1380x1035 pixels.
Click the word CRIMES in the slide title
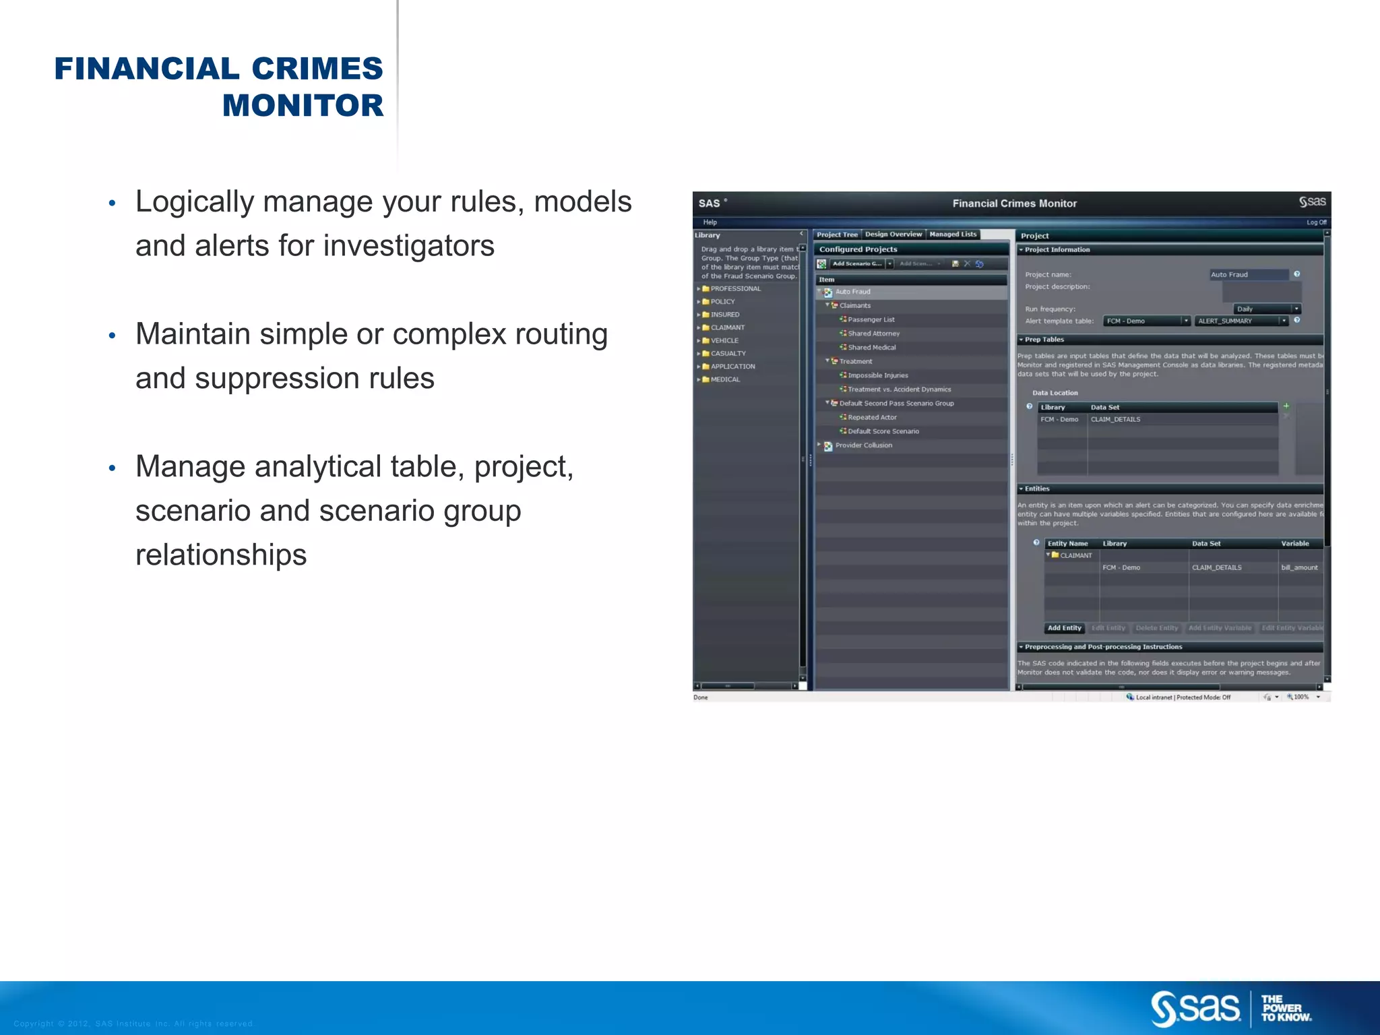pos(317,69)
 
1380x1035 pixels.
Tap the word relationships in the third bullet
pos(221,555)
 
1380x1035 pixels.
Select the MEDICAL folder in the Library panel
pos(725,379)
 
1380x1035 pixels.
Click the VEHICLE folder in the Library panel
pos(724,340)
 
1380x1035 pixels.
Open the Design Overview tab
pos(893,234)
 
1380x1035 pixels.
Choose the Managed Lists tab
pos(952,234)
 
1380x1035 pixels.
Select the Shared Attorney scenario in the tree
pos(873,334)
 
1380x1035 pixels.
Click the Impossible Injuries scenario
pos(877,375)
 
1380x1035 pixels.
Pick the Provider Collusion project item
pos(863,445)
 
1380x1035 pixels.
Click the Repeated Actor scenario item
pos(872,417)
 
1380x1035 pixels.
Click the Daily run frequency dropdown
pos(1266,309)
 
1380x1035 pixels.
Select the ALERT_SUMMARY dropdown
pos(1241,321)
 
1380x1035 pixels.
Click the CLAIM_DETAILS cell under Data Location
pos(1115,419)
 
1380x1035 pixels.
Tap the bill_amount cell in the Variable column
pos(1298,567)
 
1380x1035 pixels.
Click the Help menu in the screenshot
pos(710,222)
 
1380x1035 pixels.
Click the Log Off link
pos(1316,222)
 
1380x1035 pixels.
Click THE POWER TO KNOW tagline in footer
pos(1286,1009)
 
